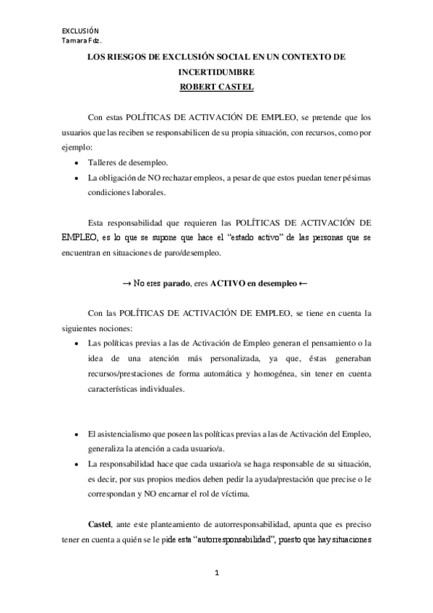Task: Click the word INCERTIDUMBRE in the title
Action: coord(216,73)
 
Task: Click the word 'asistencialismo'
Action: coord(127,433)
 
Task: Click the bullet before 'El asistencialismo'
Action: coord(77,433)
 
